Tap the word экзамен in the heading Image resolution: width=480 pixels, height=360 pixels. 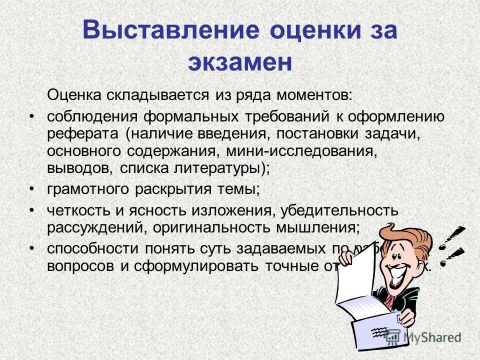point(239,62)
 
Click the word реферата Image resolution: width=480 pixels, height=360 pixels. point(83,133)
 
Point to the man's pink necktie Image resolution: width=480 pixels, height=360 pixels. point(389,300)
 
